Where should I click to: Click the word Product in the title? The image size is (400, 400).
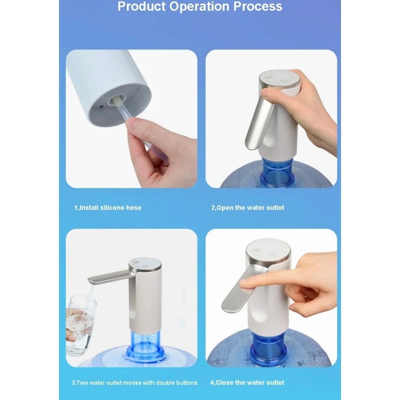coord(141,6)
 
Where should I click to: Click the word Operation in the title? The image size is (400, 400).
coord(200,7)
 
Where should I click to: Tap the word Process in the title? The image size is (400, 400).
coord(258,6)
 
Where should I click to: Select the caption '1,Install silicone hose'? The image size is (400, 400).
coord(108,208)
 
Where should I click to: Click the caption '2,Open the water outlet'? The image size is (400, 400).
coord(248,208)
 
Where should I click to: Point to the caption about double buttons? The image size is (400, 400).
coord(134,383)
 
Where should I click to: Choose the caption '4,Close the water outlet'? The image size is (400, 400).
coord(247,383)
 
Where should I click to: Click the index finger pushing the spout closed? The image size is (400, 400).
coord(265,283)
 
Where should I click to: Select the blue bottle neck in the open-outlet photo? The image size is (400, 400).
coord(277,171)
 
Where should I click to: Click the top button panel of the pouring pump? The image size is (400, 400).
coord(145,264)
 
